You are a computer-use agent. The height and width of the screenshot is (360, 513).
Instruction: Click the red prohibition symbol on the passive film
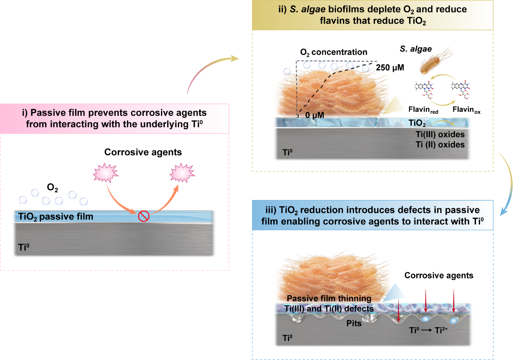[x=144, y=216]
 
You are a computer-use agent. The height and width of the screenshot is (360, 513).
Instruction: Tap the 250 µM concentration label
[x=390, y=67]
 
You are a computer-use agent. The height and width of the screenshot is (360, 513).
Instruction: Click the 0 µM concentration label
[x=315, y=115]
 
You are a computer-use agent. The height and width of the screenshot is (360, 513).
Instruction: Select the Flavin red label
[x=423, y=110]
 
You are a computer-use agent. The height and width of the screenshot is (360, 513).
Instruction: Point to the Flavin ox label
[x=466, y=110]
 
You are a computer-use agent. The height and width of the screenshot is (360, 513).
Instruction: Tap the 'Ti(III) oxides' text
[x=440, y=134]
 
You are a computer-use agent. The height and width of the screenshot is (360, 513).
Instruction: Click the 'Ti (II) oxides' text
[x=440, y=145]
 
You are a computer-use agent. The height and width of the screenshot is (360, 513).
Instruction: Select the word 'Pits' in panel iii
[x=354, y=323]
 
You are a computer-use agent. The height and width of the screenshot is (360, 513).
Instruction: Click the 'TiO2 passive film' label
[x=55, y=217]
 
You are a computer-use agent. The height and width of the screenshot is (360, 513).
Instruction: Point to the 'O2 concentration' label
[x=334, y=53]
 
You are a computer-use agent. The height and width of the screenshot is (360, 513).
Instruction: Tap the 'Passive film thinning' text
[x=329, y=298]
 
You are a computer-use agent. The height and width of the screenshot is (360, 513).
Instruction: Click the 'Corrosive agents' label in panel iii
[x=439, y=275]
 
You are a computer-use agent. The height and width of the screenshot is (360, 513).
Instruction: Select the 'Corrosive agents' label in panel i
[x=143, y=152]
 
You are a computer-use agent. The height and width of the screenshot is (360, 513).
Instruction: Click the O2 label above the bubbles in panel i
[x=53, y=188]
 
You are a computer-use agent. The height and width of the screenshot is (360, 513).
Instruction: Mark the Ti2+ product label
[x=441, y=330]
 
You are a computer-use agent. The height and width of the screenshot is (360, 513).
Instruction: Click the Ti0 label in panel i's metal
[x=24, y=247]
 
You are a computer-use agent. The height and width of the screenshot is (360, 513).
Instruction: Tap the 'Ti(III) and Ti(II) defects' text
[x=329, y=309]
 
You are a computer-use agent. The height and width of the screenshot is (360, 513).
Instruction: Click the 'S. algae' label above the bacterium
[x=416, y=49]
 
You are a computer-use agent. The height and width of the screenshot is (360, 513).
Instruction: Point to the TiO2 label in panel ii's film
[x=417, y=123]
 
